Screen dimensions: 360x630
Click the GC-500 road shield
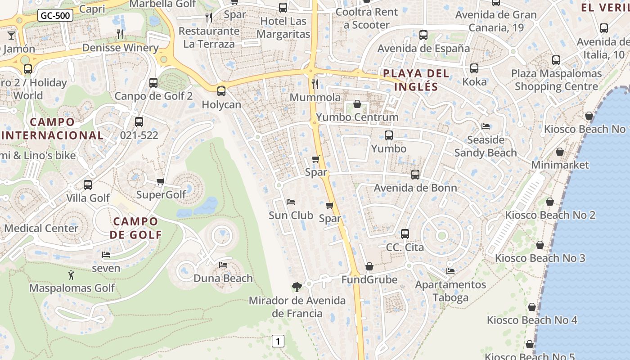point(55,16)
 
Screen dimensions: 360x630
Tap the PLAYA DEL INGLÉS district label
point(416,80)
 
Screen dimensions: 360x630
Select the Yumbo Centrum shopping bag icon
point(357,104)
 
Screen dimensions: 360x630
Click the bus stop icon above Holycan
point(221,91)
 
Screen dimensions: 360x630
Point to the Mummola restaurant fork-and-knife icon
point(315,84)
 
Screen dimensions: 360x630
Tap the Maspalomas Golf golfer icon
point(71,275)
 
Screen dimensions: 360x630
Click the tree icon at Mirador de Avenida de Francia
point(297,287)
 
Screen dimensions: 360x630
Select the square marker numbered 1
point(278,341)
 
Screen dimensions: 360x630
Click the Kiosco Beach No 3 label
point(540,258)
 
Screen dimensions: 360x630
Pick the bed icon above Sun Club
point(291,202)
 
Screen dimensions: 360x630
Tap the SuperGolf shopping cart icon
point(161,181)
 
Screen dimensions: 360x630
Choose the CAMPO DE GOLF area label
point(135,228)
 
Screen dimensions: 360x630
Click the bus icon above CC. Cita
point(405,234)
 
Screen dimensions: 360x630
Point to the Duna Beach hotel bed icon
point(223,265)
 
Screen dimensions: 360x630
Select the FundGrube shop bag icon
point(369,267)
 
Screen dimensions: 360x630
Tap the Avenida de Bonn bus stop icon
point(415,175)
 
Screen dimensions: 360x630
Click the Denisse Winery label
point(120,48)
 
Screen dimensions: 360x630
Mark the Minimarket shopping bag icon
point(560,152)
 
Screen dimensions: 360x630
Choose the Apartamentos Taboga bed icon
point(450,271)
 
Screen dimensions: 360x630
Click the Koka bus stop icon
point(474,68)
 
